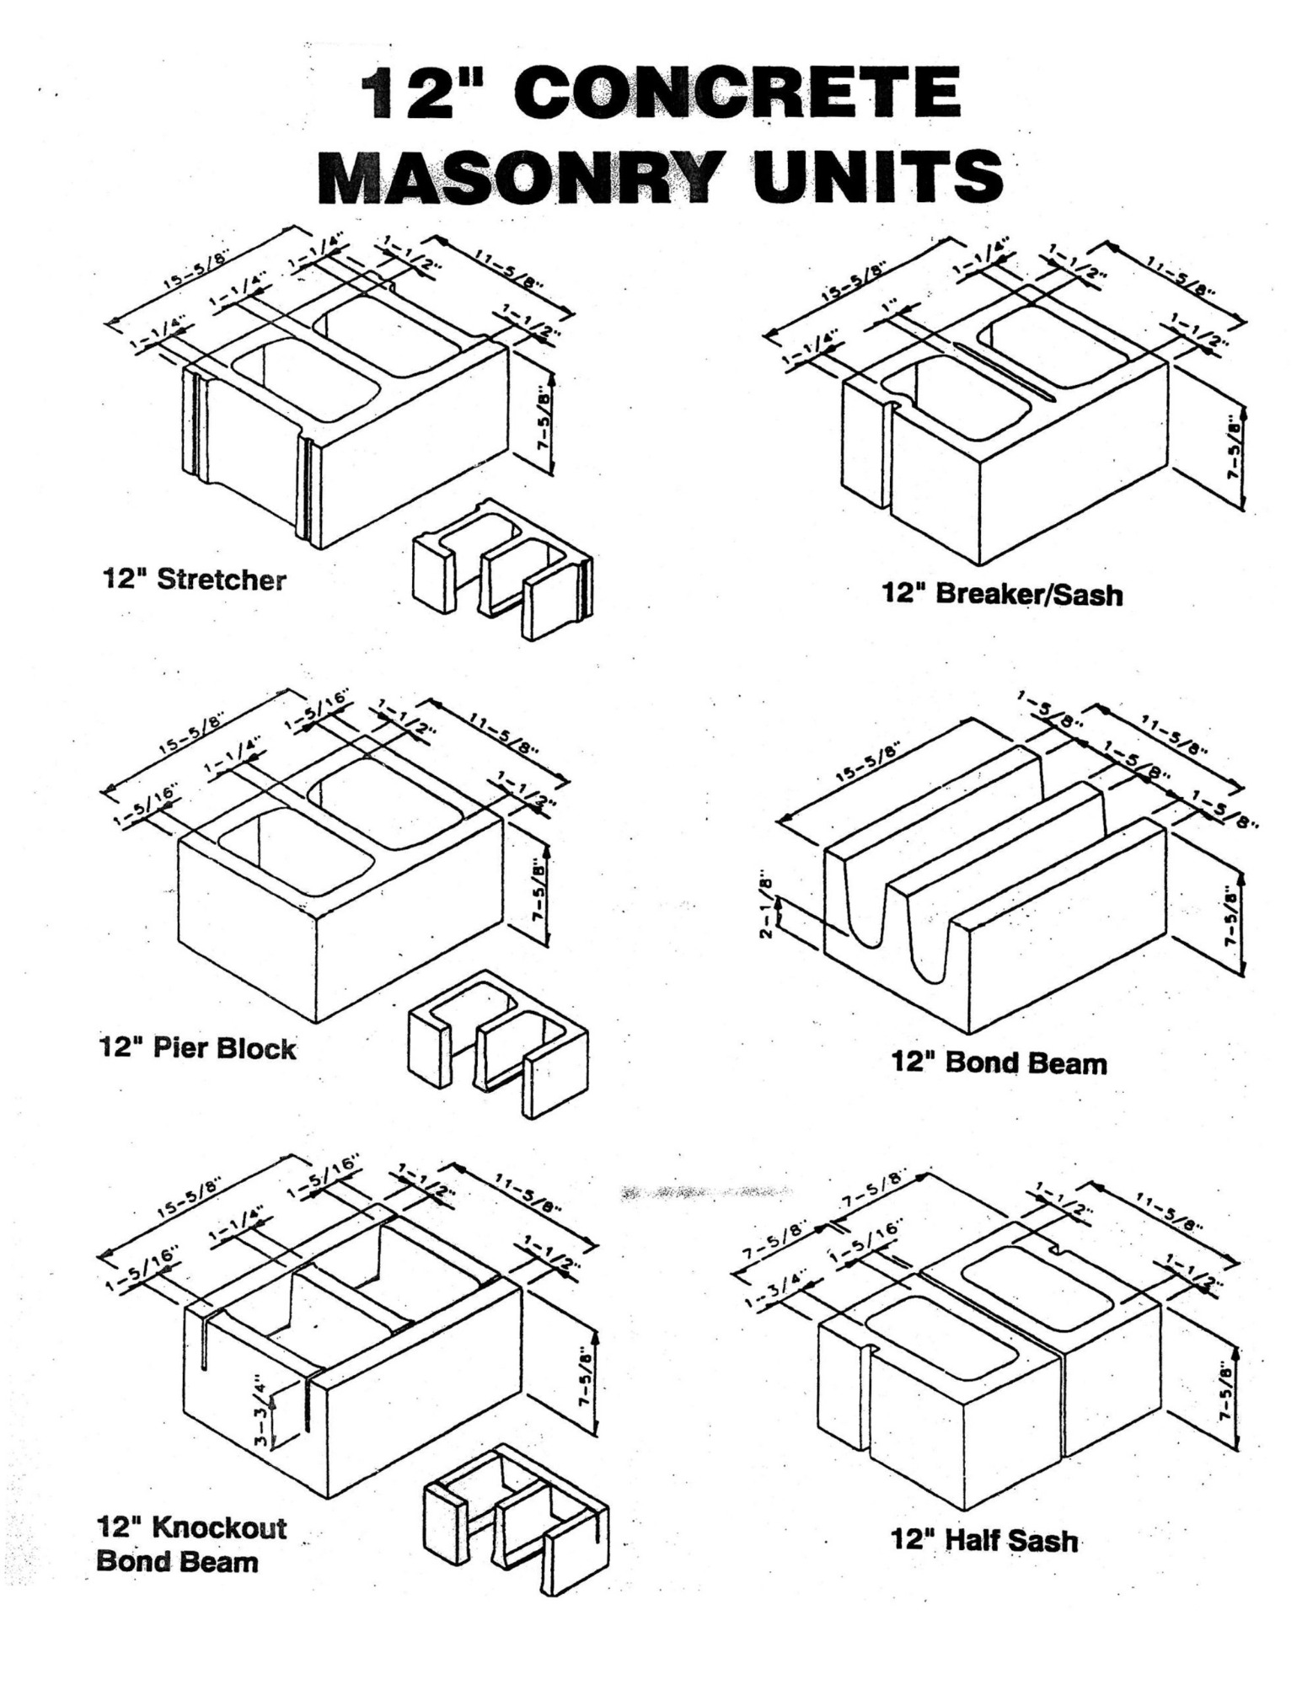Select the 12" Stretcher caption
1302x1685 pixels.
pos(194,580)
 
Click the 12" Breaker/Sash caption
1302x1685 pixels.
pos(1002,595)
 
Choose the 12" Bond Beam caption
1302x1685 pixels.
pos(999,1063)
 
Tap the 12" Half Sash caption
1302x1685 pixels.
pos(984,1541)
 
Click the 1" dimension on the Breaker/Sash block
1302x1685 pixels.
pos(887,309)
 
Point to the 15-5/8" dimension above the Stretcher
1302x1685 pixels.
pos(196,269)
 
